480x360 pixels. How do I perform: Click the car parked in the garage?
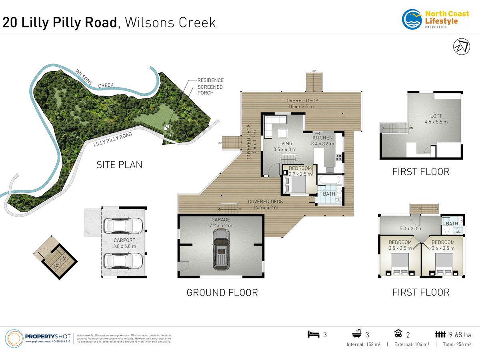(221, 252)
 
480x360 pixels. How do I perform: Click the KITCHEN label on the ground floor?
(322, 138)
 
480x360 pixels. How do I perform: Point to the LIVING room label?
(284, 143)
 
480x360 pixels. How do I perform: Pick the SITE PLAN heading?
(119, 164)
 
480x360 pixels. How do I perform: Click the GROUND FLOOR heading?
(222, 292)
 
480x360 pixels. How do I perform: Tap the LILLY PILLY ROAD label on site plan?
(112, 140)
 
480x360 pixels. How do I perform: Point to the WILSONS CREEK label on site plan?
(94, 79)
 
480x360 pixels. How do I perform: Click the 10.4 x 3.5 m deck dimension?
(301, 106)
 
